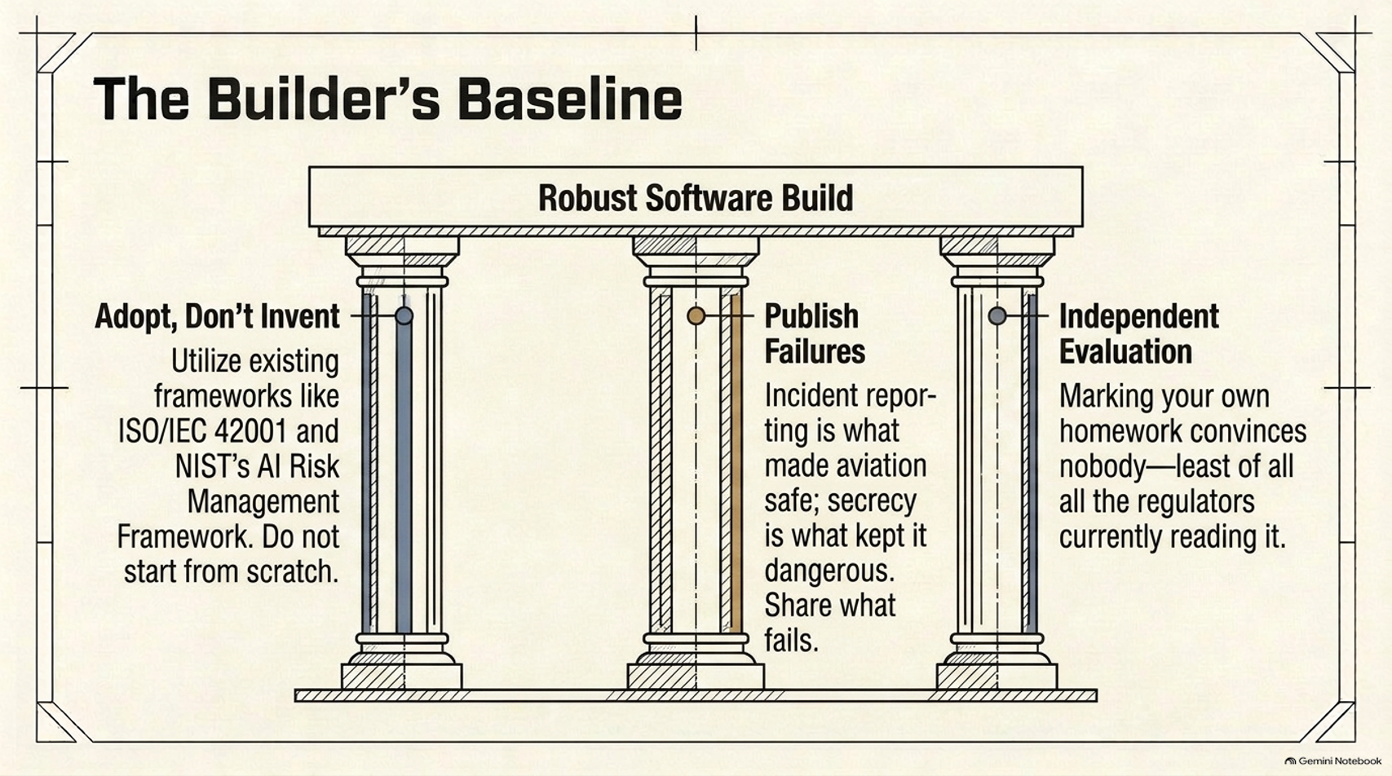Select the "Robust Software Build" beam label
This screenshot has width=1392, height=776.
tap(696, 198)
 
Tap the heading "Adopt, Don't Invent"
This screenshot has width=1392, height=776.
tap(217, 316)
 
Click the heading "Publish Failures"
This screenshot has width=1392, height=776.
tap(815, 333)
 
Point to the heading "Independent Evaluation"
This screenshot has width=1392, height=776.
tap(1139, 333)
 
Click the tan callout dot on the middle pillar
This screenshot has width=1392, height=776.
tap(696, 315)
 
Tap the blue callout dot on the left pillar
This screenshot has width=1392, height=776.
tap(404, 315)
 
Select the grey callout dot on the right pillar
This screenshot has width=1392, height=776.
tap(997, 315)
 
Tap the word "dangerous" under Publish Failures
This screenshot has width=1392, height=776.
tap(829, 571)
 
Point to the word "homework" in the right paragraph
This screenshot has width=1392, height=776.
tap(1120, 431)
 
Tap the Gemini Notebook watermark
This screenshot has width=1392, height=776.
tap(1333, 761)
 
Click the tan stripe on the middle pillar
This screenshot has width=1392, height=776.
tap(736, 463)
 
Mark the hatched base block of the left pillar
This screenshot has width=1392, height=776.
tap(401, 676)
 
